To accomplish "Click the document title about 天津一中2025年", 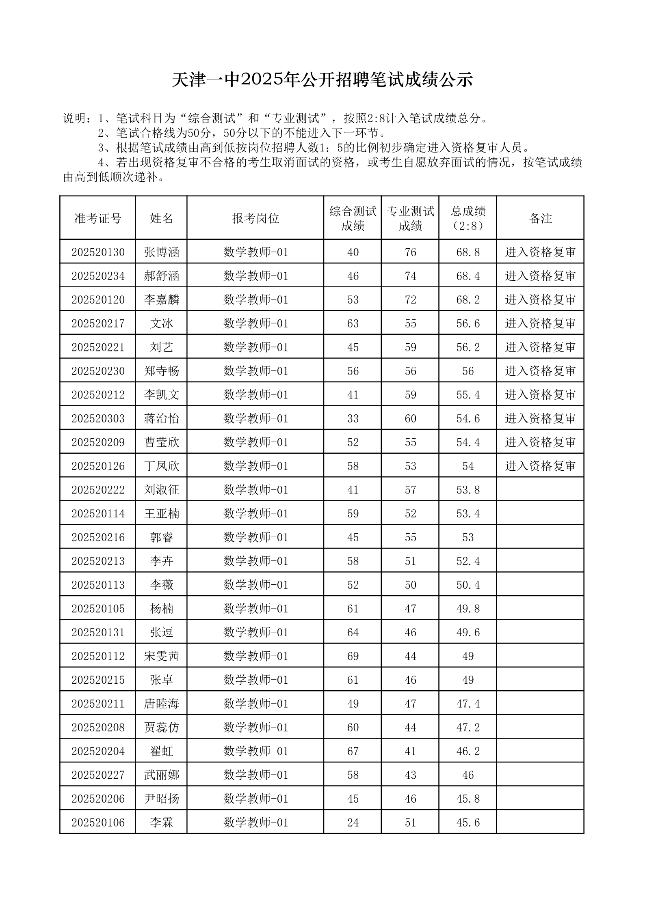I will point(322,80).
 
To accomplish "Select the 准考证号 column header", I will point(98,218).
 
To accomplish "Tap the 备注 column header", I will point(540,218).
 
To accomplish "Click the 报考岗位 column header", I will point(255,218).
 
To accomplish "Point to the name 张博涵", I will point(161,252).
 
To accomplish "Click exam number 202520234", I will point(98,276).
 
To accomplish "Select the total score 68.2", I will point(468,299).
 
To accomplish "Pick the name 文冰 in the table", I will point(161,323).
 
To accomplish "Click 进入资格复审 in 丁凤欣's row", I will point(540,466).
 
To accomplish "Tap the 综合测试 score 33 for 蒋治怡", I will point(353,418).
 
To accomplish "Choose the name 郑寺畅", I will point(161,371).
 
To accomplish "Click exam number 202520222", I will point(98,490).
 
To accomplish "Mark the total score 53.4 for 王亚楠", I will point(468,513).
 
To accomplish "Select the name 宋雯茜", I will point(161,656).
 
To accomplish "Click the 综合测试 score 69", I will point(353,656).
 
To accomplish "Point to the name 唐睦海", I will point(161,704).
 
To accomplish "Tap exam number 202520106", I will point(98,823).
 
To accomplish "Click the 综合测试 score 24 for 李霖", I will point(353,823).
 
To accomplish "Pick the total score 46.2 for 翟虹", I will point(468,751).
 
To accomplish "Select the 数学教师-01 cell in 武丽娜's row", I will point(255,775).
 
